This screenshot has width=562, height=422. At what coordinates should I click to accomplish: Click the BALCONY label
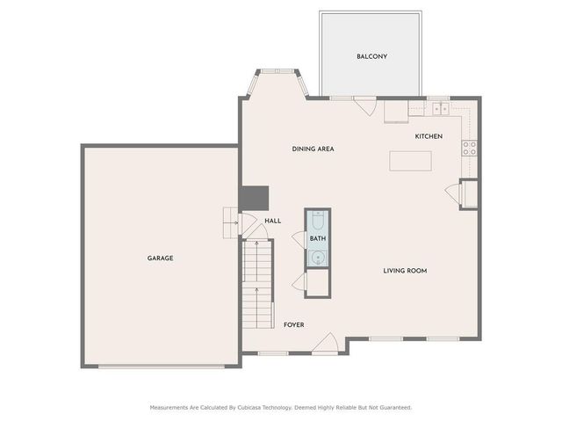371,56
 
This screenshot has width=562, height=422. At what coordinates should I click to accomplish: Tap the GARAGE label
160,258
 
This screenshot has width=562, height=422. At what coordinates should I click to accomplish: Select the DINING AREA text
313,149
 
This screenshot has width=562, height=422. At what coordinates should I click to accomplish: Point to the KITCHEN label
429,136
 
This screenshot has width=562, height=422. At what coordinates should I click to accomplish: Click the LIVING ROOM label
405,271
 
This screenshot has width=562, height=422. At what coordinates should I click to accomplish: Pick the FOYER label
293,325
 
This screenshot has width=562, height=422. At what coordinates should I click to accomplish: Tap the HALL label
273,221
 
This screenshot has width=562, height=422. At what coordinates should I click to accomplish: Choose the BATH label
318,238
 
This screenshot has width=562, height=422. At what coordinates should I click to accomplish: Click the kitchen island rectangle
411,161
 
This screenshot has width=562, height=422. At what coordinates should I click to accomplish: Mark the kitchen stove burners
470,148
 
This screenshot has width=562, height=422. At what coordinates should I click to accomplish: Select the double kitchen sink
439,108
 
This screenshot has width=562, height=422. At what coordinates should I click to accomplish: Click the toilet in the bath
318,220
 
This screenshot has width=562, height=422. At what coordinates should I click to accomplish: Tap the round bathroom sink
318,258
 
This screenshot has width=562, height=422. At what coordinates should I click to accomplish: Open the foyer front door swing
328,345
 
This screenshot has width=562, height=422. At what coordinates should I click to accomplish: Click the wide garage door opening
162,367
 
